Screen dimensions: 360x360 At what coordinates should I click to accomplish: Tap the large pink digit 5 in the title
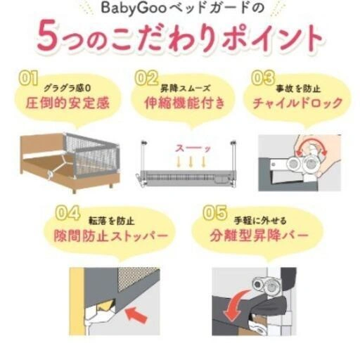(48, 37)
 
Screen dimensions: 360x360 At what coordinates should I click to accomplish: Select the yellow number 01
(28, 78)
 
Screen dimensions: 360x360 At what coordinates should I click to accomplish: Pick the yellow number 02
(147, 78)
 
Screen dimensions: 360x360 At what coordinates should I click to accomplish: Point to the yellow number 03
(263, 78)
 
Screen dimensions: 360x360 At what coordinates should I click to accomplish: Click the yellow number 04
(68, 213)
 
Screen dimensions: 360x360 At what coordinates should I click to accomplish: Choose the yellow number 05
(215, 213)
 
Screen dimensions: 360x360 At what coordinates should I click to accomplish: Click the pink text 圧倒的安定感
(67, 103)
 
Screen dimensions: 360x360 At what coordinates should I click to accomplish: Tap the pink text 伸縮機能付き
(185, 103)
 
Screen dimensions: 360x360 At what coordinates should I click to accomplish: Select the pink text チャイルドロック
(297, 103)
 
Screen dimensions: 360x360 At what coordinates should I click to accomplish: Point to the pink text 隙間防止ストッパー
(111, 236)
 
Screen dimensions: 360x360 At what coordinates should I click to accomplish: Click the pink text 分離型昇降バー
(259, 236)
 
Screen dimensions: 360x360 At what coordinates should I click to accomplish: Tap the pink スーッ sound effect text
(193, 148)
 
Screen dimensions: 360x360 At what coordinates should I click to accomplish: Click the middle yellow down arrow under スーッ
(191, 162)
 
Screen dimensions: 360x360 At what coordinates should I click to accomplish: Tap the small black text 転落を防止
(112, 221)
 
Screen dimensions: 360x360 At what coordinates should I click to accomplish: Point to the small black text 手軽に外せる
(260, 221)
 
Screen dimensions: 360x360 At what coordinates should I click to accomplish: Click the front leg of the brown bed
(74, 190)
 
